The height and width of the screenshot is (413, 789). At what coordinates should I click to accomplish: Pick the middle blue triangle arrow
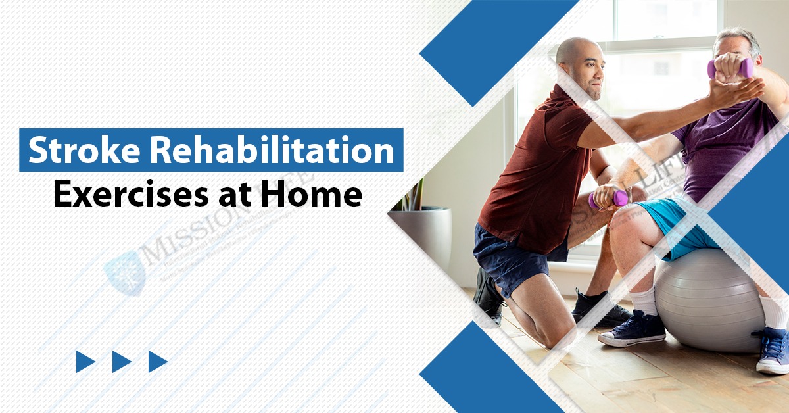(121, 361)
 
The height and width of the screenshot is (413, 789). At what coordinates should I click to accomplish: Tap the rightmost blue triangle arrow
(157, 361)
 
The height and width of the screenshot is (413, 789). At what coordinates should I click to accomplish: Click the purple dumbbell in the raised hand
(729, 68)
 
